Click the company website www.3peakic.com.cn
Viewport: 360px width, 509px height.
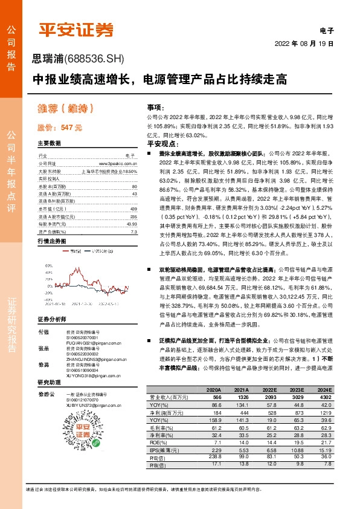click(x=118, y=163)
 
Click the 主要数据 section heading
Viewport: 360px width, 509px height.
click(x=49, y=143)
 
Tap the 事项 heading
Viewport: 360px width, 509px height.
click(x=155, y=106)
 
